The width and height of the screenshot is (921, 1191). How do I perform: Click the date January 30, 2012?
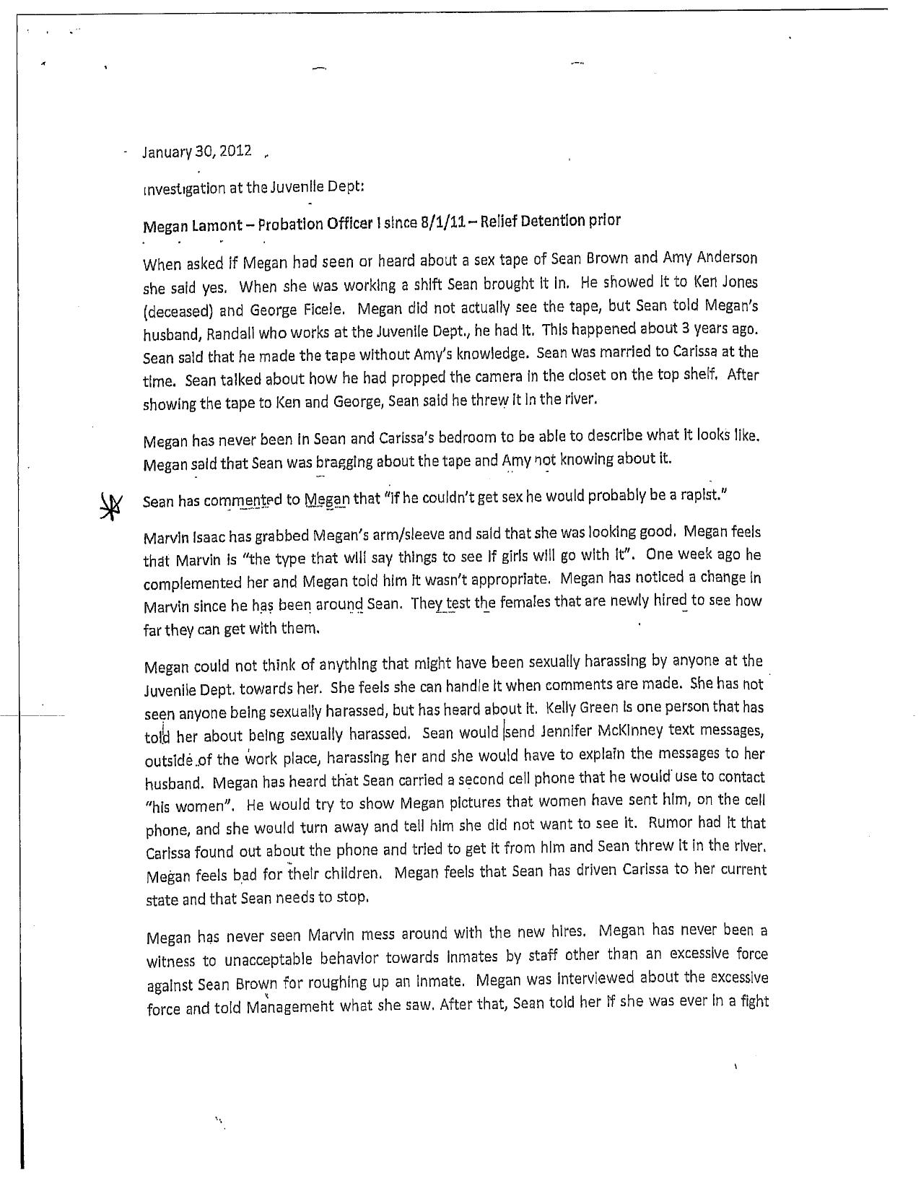[197, 152]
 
